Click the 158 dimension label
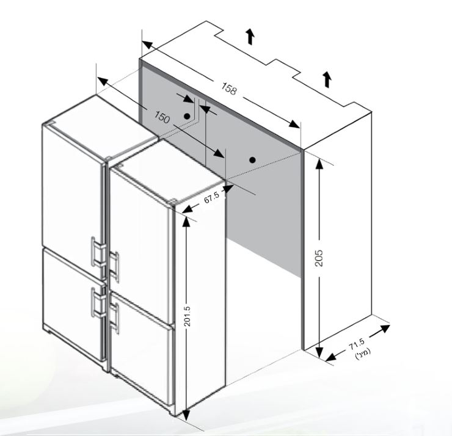(x=229, y=88)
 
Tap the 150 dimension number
(x=162, y=117)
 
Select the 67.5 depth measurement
(x=212, y=198)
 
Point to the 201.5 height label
(x=188, y=316)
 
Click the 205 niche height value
(x=318, y=258)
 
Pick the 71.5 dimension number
(x=357, y=344)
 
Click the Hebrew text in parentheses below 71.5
(x=363, y=354)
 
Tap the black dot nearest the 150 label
(x=187, y=117)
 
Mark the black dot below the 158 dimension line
(x=252, y=159)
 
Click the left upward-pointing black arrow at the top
(x=250, y=37)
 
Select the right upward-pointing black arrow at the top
(x=327, y=79)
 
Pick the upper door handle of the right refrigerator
(x=114, y=267)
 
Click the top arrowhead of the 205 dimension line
(x=319, y=163)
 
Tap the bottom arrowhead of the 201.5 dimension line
(x=186, y=415)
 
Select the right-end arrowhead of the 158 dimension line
(x=294, y=124)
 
